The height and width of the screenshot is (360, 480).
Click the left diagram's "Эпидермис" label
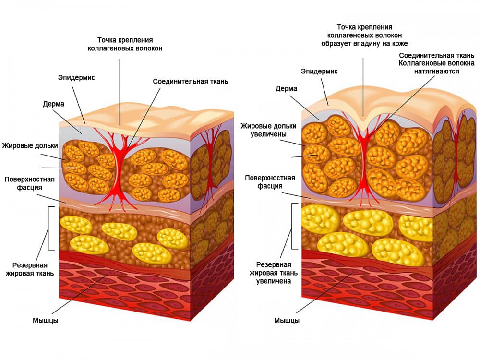point(76,77)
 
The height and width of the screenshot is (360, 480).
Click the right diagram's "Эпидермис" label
point(319,71)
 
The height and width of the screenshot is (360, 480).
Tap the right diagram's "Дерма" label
point(286,88)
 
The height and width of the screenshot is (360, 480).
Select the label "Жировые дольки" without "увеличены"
point(30,145)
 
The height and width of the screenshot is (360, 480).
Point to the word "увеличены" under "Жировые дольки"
point(269,134)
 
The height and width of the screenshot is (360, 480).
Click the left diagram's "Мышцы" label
point(45,320)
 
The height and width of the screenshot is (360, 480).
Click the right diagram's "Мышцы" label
point(287,320)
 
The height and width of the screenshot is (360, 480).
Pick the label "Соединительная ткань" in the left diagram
point(191,81)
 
